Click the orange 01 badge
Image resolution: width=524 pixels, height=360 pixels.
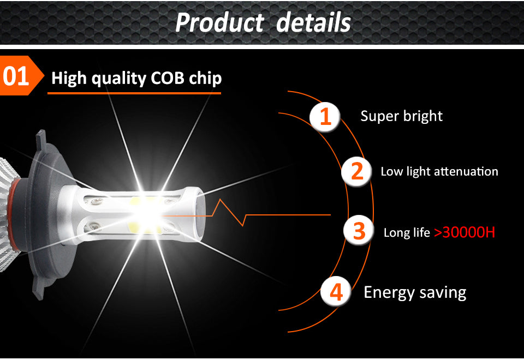click(x=17, y=76)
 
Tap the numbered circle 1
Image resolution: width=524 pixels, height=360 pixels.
click(x=325, y=117)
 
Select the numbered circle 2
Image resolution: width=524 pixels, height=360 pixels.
click(x=357, y=171)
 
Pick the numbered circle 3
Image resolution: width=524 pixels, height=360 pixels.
click(x=359, y=231)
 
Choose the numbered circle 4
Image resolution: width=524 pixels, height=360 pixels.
click(x=336, y=292)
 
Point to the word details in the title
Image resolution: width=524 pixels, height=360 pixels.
click(x=313, y=23)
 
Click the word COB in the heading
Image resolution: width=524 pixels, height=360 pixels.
click(x=166, y=78)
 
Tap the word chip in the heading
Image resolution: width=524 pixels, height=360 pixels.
click(x=205, y=79)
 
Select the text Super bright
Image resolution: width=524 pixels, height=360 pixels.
click(x=401, y=116)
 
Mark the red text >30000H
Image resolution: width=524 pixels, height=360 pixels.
click(x=465, y=232)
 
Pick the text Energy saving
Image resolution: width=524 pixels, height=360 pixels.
click(x=415, y=292)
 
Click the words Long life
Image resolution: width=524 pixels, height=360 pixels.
click(x=407, y=233)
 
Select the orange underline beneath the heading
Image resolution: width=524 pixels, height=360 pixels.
click(x=134, y=93)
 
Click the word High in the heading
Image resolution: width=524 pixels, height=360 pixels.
click(x=69, y=78)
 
